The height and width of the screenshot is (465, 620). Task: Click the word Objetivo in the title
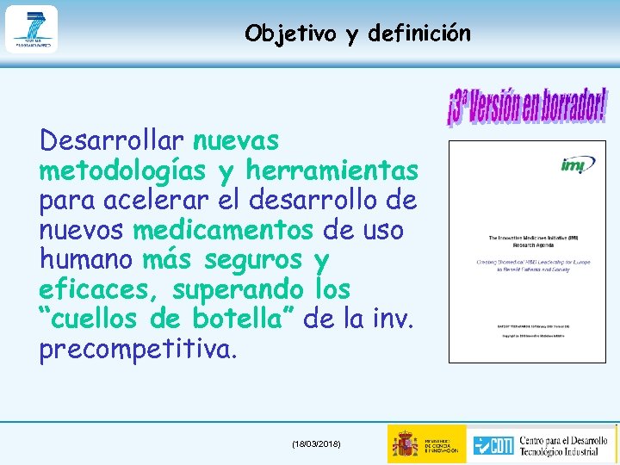pos(291,34)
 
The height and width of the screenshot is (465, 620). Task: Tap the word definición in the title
pos(418,34)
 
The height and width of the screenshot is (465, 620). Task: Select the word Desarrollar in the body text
pos(112,139)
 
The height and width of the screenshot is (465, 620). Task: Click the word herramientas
pos(332,170)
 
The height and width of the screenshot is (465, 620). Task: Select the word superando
pos(238,290)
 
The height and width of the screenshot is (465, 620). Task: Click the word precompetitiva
pos(136,350)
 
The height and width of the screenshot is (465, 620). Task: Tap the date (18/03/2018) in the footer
pos(316,443)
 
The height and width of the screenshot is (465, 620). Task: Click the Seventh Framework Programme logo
pos(31,29)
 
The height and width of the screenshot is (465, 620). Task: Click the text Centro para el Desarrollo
pos(568,436)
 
